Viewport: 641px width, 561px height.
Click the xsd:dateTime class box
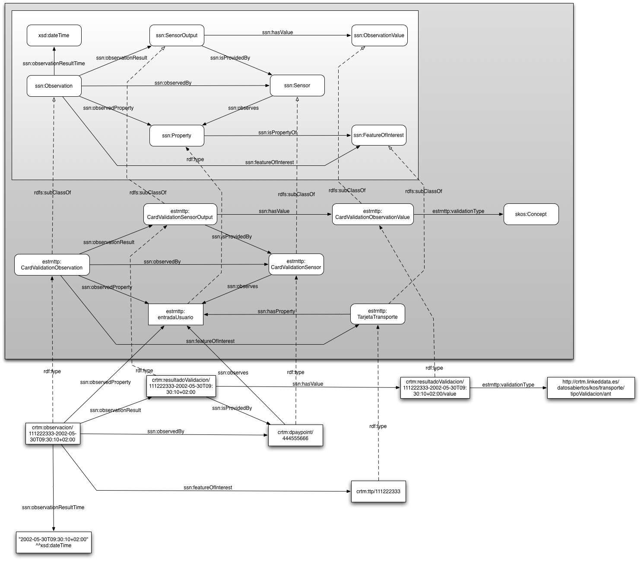click(x=54, y=35)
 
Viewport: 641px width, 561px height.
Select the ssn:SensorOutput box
click(x=177, y=35)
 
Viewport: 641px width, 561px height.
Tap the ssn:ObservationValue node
click(x=379, y=35)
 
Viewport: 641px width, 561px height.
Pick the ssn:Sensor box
click(x=297, y=86)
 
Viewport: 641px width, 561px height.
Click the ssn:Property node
click(x=177, y=136)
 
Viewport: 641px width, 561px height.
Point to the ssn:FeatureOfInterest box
click(x=379, y=135)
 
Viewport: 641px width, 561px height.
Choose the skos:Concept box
click(x=531, y=214)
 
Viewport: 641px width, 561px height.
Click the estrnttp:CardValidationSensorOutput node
click(x=180, y=214)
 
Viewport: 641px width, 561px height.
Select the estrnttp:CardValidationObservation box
click(x=52, y=265)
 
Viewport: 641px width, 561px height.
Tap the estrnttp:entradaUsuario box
click(x=176, y=314)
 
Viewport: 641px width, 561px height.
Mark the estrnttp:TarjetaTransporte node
click(x=378, y=314)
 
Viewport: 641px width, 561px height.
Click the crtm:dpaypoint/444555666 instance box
click(x=295, y=435)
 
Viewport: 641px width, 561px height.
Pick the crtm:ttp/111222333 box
click(x=378, y=491)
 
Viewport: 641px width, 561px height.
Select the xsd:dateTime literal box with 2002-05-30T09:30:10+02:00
click(x=54, y=542)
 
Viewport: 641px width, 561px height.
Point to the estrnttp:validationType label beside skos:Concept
click(x=458, y=211)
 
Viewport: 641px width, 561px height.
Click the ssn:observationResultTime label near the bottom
click(x=53, y=507)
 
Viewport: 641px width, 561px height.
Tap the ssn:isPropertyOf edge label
click(x=277, y=133)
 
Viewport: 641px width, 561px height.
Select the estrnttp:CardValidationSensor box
click(x=296, y=264)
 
